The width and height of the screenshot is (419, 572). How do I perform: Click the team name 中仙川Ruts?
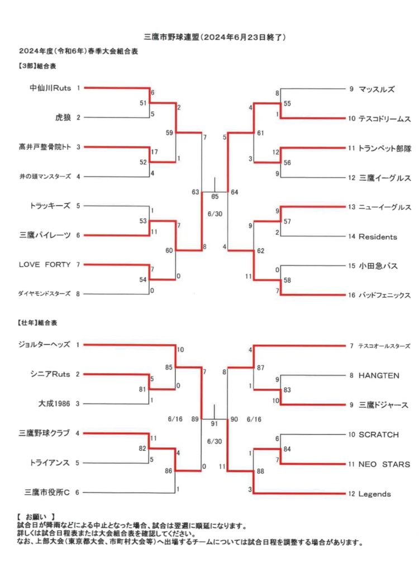[50, 88]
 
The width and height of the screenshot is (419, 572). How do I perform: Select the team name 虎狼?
[63, 117]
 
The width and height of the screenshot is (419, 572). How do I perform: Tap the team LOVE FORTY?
[45, 264]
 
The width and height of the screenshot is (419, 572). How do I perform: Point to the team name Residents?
[378, 237]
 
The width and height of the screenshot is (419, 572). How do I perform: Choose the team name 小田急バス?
[378, 265]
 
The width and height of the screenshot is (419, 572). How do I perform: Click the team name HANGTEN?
[379, 375]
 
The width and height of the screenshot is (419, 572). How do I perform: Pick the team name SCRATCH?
[378, 435]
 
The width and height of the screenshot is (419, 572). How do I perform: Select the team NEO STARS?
[384, 464]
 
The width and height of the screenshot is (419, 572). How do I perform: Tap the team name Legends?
[374, 494]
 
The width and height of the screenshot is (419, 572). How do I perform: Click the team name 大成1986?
[54, 403]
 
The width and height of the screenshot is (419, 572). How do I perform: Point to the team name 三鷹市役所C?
[47, 492]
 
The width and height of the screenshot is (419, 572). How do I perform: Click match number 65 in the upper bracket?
[215, 197]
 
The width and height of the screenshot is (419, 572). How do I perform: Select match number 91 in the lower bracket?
[214, 423]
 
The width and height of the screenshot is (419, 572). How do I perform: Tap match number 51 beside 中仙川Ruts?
[143, 103]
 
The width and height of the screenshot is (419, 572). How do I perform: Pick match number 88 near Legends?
[260, 471]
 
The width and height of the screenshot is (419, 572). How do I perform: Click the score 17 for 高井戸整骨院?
[154, 152]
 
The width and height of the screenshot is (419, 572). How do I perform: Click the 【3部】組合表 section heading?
[36, 66]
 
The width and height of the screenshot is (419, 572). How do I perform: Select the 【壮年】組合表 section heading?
[37, 322]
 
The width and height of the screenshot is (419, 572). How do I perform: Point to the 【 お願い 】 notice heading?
[36, 517]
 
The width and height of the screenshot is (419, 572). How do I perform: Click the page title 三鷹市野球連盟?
[172, 37]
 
